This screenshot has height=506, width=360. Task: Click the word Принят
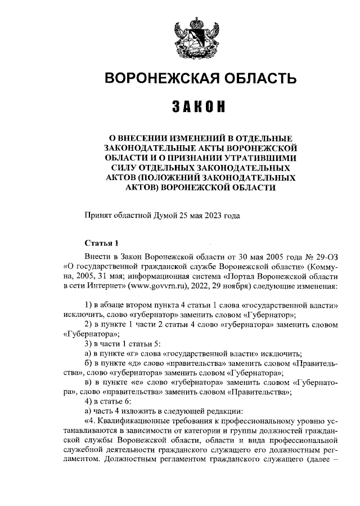pyautogui.click(x=98, y=215)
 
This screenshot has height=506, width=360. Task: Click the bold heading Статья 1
pyautogui.click(x=101, y=244)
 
